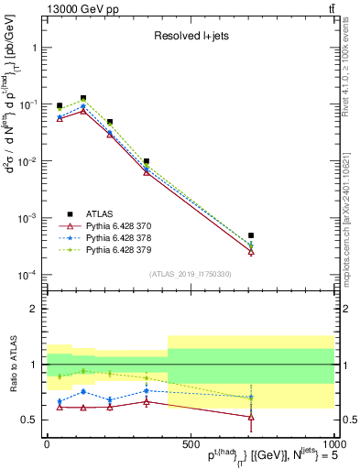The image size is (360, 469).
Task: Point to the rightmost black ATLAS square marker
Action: (251, 235)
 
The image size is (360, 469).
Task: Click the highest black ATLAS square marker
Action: (83, 98)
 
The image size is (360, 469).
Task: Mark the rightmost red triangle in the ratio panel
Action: (251, 417)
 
